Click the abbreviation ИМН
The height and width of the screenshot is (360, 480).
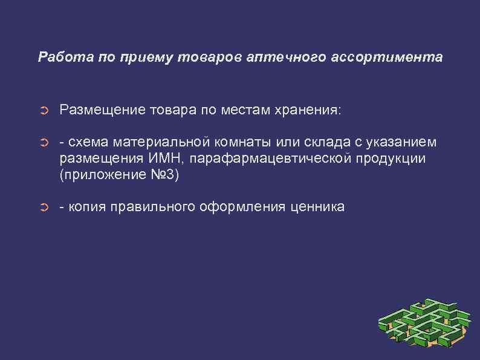(x=162, y=159)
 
